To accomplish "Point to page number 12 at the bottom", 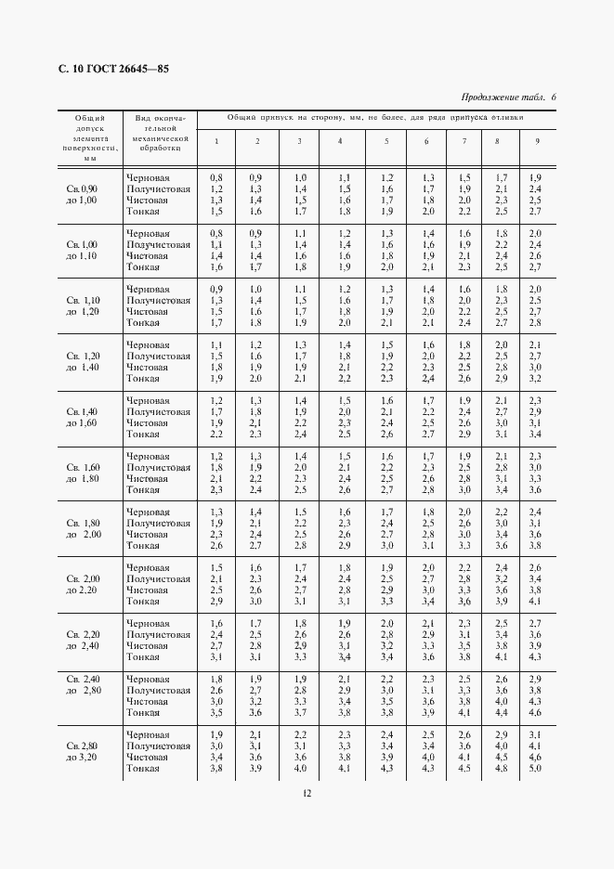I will [x=307, y=792].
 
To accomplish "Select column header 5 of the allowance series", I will [x=386, y=140].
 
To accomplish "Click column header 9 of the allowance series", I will [x=536, y=140].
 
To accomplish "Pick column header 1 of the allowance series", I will [x=216, y=140].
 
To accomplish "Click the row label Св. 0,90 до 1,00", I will [x=83, y=194].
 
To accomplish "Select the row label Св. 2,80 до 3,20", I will [x=83, y=751].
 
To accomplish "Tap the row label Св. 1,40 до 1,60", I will [x=83, y=417].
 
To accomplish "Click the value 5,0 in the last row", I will [x=535, y=769].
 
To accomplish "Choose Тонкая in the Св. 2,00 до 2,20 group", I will [x=143, y=602].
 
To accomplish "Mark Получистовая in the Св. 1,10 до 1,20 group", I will [x=158, y=300].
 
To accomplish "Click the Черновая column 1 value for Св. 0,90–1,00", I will [x=216, y=177].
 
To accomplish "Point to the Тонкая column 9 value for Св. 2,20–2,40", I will [x=535, y=657].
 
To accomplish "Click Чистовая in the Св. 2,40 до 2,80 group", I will [x=147, y=702].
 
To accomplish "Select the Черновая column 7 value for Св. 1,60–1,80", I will [x=465, y=456].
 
